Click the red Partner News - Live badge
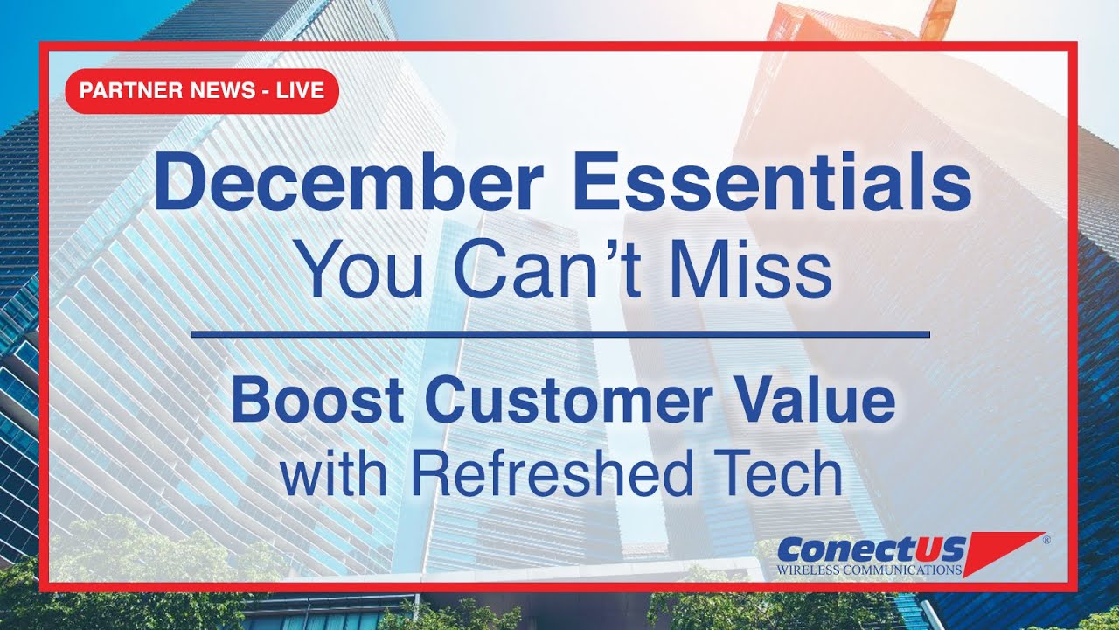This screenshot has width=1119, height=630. pyautogui.click(x=202, y=90)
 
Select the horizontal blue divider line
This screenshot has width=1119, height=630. pyautogui.click(x=559, y=334)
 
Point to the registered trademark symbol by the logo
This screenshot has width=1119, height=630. pyautogui.click(x=1046, y=541)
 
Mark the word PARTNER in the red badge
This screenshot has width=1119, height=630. pyautogui.click(x=119, y=90)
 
